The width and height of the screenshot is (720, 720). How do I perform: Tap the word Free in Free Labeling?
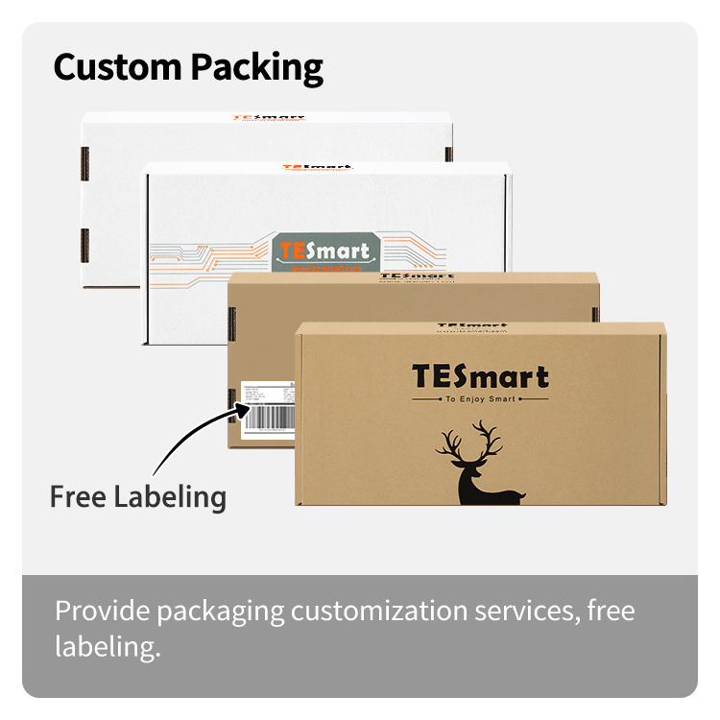pos(78,496)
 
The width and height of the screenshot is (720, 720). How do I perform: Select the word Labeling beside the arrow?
pos(170,498)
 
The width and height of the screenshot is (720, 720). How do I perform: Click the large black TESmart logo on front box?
pos(480,377)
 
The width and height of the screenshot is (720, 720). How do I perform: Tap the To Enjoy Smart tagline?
pos(480,398)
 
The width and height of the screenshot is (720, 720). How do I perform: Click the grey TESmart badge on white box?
pos(323,252)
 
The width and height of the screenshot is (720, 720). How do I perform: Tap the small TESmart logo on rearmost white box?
pos(269,119)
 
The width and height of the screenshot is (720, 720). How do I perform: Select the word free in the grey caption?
pos(611,611)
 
